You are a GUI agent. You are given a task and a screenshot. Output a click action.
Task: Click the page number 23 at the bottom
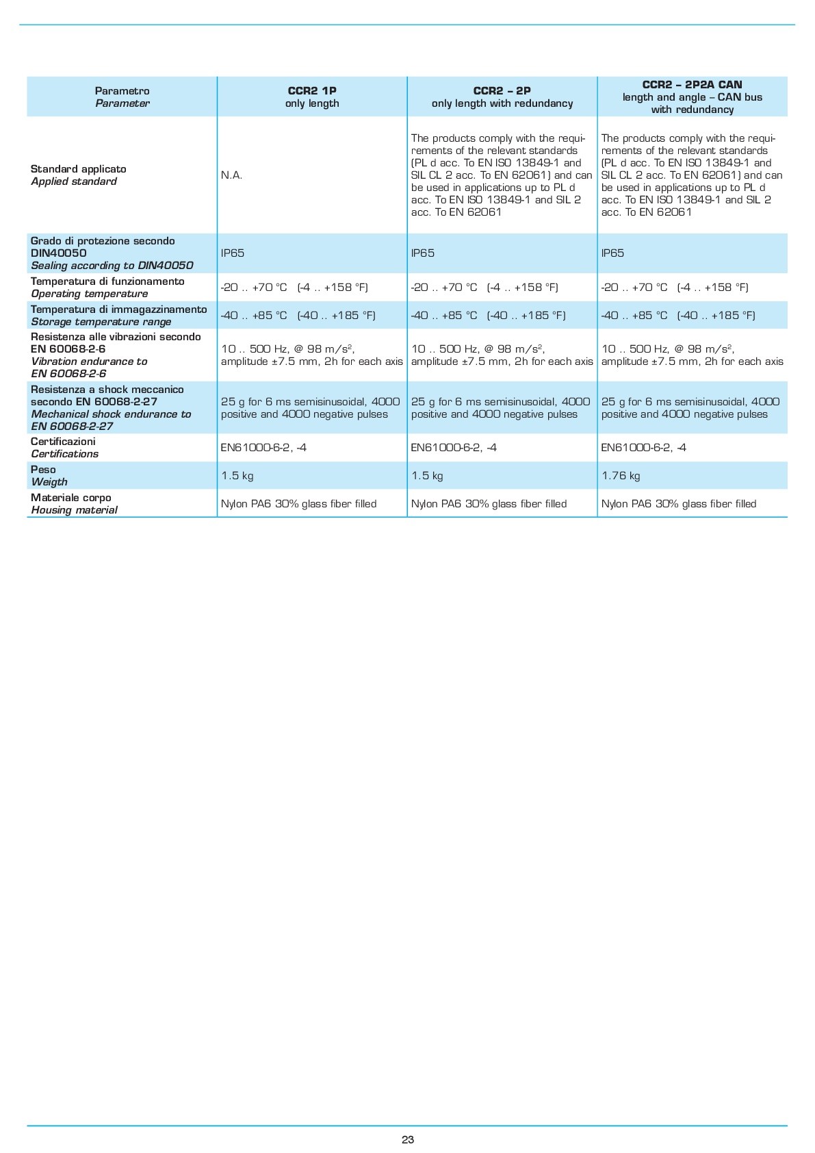click(408, 1139)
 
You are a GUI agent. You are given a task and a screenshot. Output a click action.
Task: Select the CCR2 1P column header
click(312, 97)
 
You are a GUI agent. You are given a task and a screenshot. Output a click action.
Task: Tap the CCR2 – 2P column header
click(502, 97)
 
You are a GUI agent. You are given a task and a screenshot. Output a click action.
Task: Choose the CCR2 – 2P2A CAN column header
click(692, 97)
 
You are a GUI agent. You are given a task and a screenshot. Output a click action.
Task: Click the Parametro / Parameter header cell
click(122, 97)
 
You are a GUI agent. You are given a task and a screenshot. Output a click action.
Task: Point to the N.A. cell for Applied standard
click(232, 175)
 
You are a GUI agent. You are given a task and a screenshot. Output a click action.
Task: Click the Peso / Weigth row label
click(49, 476)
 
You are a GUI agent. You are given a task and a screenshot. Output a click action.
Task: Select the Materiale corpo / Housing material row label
click(74, 504)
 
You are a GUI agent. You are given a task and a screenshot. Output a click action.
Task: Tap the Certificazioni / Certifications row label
click(64, 448)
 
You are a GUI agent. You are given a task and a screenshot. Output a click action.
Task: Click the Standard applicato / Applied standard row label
click(78, 175)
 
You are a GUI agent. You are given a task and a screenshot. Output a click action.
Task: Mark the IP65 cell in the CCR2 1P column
click(233, 253)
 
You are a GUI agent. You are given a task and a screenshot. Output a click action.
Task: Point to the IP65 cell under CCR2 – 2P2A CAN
click(612, 253)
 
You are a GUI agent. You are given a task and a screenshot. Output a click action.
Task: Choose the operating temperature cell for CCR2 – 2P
click(484, 288)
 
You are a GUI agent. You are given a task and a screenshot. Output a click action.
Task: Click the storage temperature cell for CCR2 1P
click(298, 316)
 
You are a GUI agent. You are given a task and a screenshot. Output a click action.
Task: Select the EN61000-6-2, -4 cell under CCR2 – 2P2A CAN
click(643, 448)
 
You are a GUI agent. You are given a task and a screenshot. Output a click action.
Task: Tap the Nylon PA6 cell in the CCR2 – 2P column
click(489, 504)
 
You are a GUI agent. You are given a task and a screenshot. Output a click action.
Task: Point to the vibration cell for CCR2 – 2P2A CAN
click(692, 355)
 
